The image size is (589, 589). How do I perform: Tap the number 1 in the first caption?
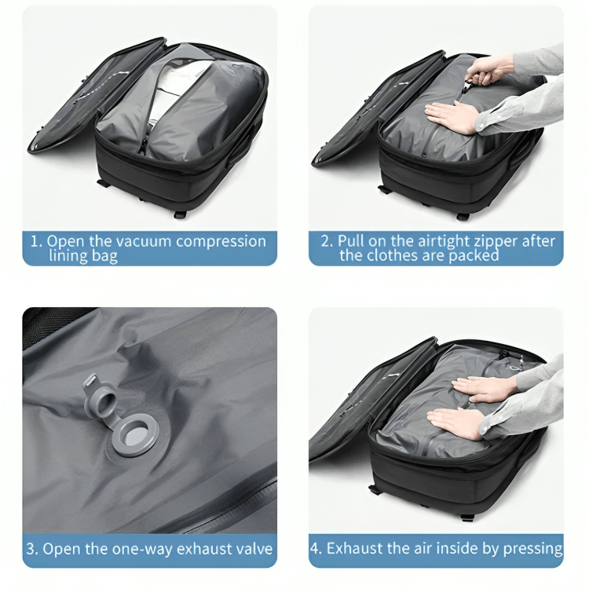(x=35, y=241)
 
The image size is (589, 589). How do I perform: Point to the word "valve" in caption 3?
(x=252, y=549)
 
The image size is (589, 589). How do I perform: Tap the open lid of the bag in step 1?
(x=71, y=102)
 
